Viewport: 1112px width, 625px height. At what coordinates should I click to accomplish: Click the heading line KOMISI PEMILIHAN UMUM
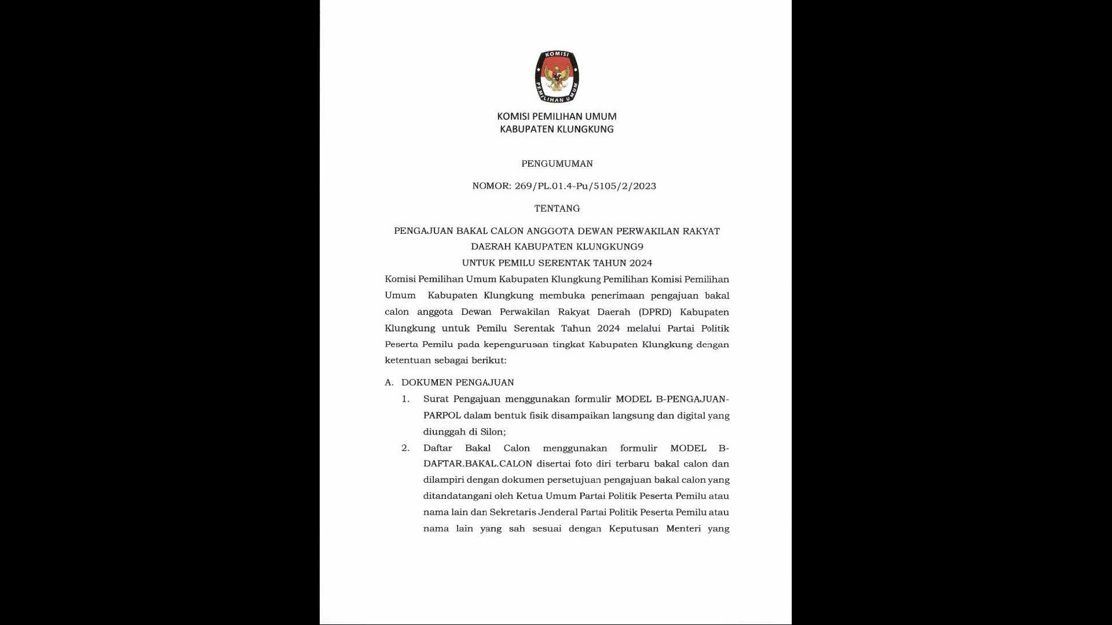coord(557,116)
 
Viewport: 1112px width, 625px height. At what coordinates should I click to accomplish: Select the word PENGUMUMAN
coord(557,164)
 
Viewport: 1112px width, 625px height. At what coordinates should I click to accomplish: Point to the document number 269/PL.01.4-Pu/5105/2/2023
coord(585,186)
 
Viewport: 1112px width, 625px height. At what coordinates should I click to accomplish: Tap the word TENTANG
coord(557,208)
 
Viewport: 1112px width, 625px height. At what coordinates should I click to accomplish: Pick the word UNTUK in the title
coord(478,263)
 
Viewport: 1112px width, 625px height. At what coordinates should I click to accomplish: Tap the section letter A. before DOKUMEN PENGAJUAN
coord(389,383)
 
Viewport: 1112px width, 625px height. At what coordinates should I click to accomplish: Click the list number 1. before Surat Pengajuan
coord(405,399)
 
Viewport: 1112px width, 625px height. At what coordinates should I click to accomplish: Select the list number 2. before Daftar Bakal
coord(405,448)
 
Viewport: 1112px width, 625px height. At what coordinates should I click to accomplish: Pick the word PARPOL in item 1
coord(442,416)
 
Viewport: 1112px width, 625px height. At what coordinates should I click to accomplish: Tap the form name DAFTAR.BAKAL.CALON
coord(477,464)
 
